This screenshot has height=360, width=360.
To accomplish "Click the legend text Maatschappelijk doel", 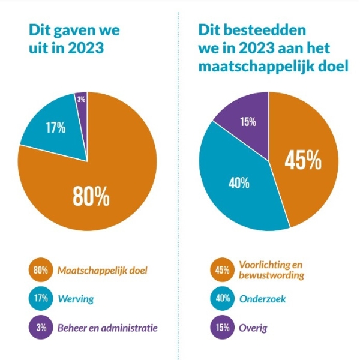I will [102, 270].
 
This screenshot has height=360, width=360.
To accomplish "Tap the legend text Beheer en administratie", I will [107, 327].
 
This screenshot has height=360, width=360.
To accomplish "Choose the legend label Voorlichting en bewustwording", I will [271, 270].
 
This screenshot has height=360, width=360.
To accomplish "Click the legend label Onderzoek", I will [261, 298].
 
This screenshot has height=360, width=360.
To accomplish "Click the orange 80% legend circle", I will [41, 270].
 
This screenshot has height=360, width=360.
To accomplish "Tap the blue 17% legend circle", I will [41, 298].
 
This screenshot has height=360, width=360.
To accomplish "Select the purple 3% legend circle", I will [41, 327].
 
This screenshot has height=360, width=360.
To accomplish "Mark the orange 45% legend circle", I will [222, 270].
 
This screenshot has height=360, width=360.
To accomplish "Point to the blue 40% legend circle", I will [222, 298].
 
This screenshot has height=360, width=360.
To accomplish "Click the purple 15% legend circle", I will [222, 327].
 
